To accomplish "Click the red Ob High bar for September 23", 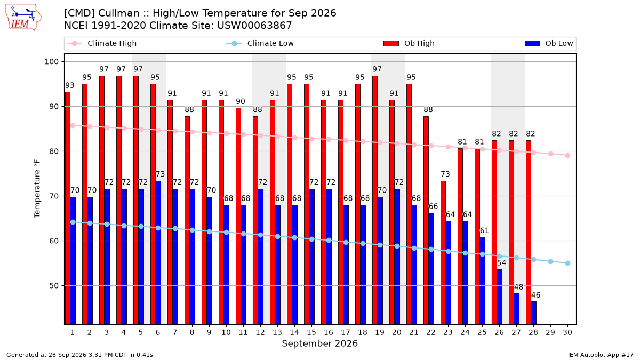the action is pyautogui.click(x=443, y=253).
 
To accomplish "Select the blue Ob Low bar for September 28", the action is pyautogui.click(x=533, y=313).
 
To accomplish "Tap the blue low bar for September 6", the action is pyautogui.click(x=158, y=253).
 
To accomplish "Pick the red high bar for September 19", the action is pyautogui.click(x=374, y=200).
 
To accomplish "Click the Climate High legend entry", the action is pyautogui.click(x=102, y=43).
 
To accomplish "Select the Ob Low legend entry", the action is pyautogui.click(x=549, y=43).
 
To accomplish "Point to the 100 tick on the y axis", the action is pyautogui.click(x=51, y=62).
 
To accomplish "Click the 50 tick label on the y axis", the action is pyautogui.click(x=54, y=286).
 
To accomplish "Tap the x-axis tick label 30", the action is pyautogui.click(x=567, y=332).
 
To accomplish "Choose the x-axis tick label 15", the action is pyautogui.click(x=311, y=332).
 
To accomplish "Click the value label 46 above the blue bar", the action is pyautogui.click(x=535, y=295).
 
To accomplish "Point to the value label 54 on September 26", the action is pyautogui.click(x=501, y=263).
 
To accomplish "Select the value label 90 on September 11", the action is pyautogui.click(x=241, y=101).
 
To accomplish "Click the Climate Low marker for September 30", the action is pyautogui.click(x=567, y=263).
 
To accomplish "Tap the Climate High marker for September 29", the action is pyautogui.click(x=550, y=154).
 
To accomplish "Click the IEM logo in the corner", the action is pyautogui.click(x=23, y=18).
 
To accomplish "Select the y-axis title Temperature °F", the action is pyautogui.click(x=37, y=189).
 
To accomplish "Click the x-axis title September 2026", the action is pyautogui.click(x=319, y=343).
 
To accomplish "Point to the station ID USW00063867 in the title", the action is pyautogui.click(x=254, y=26).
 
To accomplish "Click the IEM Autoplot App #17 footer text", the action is pyautogui.click(x=601, y=355).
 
